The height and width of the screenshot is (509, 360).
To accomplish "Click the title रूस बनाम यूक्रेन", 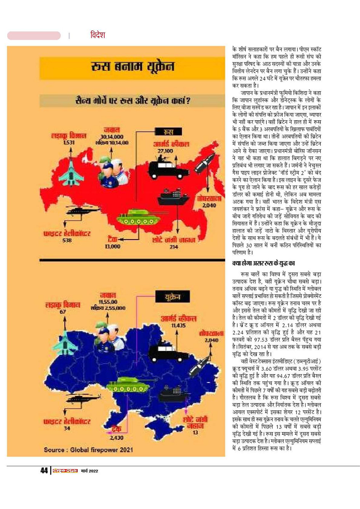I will tap(132, 67).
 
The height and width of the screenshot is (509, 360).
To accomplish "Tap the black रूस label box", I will tap(168, 132).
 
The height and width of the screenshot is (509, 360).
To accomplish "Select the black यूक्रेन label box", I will tap(172, 297).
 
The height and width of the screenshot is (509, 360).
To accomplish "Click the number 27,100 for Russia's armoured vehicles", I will tap(165, 151).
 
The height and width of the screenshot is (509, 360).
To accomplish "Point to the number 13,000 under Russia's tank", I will tap(112, 246).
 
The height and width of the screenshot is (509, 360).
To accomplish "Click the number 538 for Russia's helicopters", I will tap(67, 240).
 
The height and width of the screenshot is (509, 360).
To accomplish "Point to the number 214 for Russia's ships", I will tap(174, 247).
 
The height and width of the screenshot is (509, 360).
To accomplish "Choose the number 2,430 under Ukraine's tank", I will tap(117, 438).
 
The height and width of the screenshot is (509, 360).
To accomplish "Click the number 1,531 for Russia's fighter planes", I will tap(69, 142).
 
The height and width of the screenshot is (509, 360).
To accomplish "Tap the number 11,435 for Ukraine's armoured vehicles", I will tap(178, 326).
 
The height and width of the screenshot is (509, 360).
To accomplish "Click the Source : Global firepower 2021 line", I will tap(88, 450).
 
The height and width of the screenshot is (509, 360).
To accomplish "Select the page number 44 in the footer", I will tap(44, 471).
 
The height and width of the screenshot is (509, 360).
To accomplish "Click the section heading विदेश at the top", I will tap(98, 35).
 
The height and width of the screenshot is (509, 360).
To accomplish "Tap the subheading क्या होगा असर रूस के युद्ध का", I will tap(264, 263).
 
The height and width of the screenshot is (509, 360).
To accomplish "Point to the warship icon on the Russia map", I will tap(173, 196).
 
